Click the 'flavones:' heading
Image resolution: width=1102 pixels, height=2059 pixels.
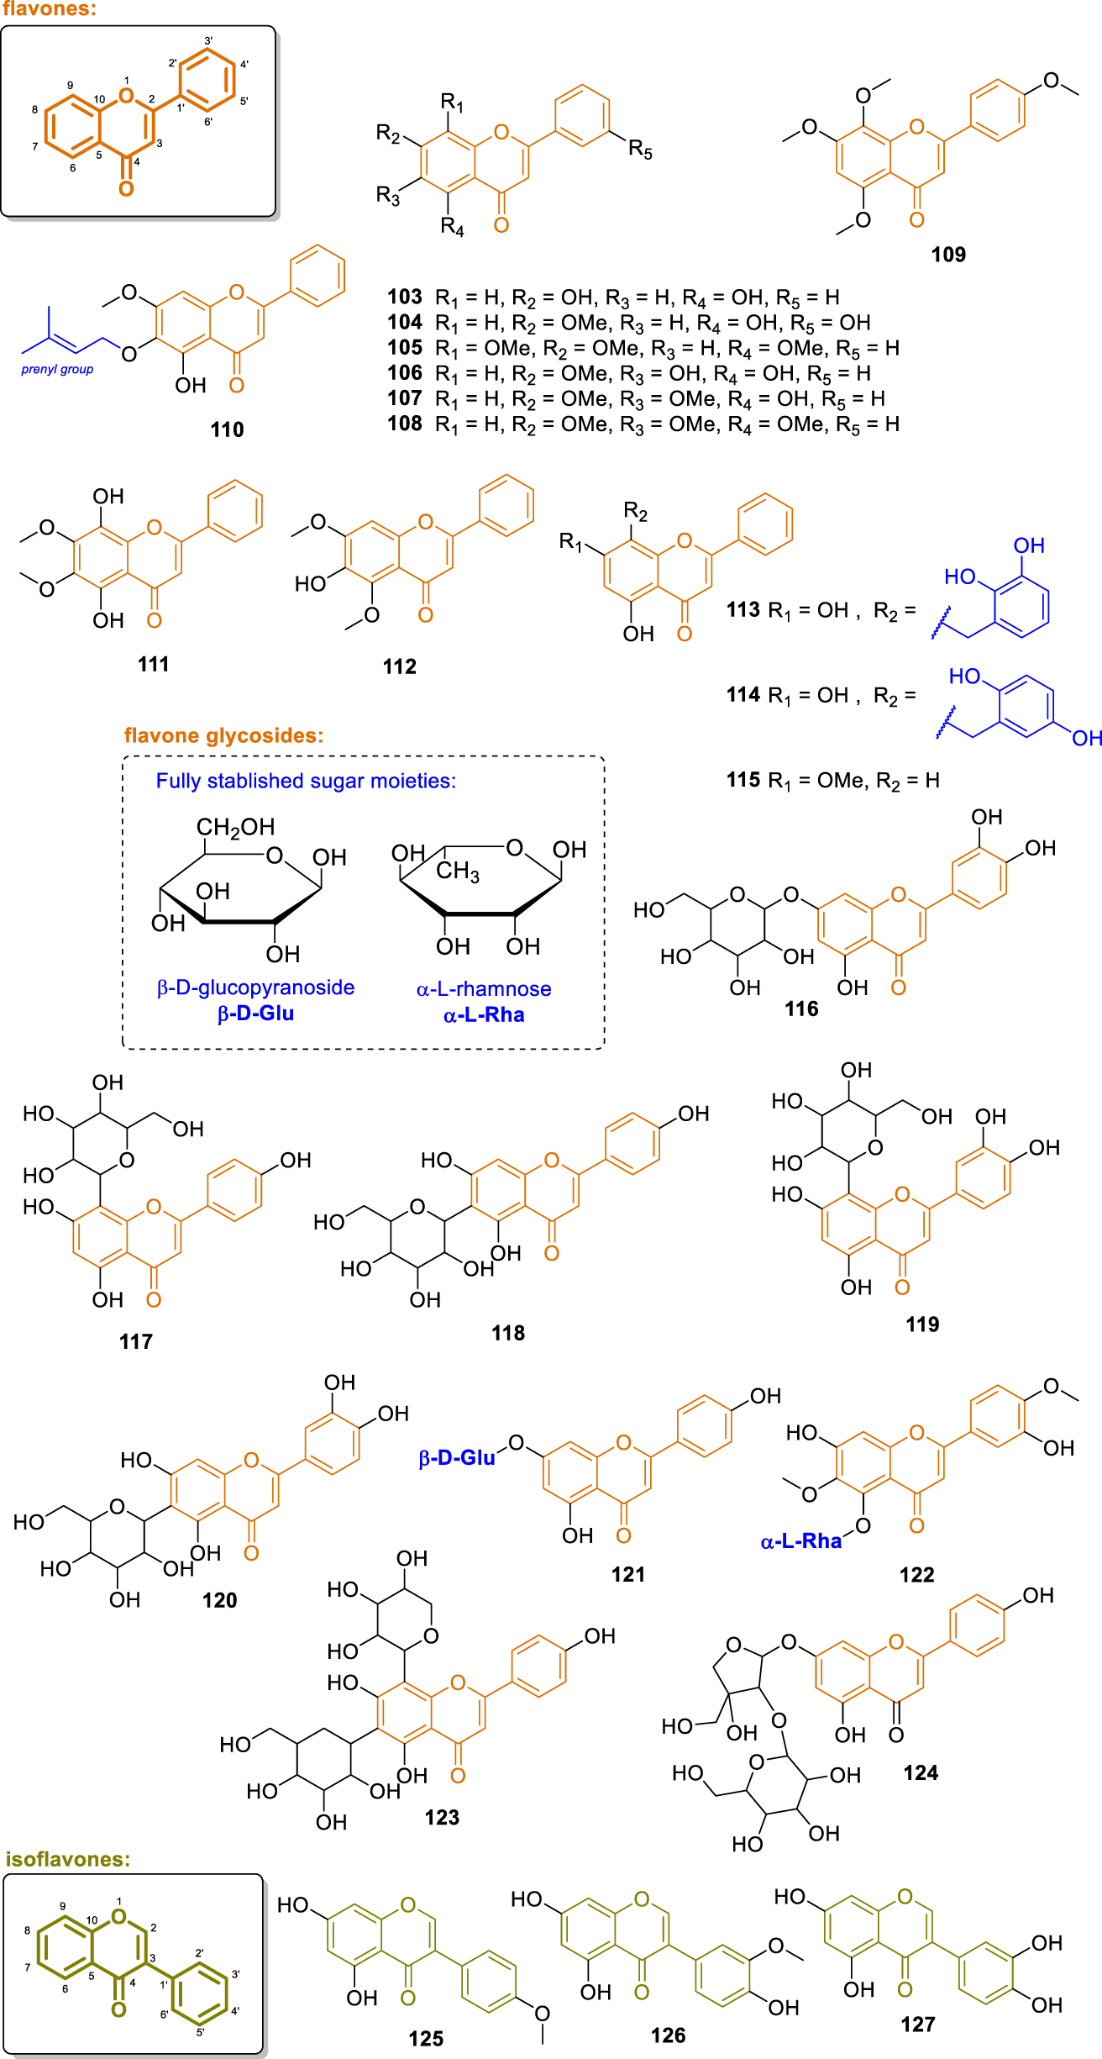(x=49, y=10)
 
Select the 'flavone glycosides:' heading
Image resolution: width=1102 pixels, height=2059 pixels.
(x=223, y=735)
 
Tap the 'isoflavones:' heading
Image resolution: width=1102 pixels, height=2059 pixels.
(x=68, y=1859)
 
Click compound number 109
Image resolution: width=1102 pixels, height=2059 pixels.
(x=948, y=255)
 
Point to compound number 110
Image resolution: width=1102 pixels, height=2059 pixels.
(x=227, y=429)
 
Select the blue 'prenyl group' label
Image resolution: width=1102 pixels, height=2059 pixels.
(x=57, y=369)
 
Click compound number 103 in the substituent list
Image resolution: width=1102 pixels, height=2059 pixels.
(x=405, y=297)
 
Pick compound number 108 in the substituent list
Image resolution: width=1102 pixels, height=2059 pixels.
(x=405, y=424)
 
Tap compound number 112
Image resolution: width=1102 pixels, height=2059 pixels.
(x=399, y=666)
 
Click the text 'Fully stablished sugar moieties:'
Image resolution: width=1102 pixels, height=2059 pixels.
(x=306, y=781)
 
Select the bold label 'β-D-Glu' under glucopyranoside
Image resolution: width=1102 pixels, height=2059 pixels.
(x=255, y=1014)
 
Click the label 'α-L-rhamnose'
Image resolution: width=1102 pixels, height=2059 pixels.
(x=484, y=989)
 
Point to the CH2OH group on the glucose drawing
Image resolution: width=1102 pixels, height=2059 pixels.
(x=235, y=828)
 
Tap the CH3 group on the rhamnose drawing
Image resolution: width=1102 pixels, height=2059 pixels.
(x=458, y=871)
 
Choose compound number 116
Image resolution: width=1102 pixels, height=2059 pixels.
(x=801, y=1008)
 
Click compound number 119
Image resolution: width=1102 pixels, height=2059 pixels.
(x=922, y=1324)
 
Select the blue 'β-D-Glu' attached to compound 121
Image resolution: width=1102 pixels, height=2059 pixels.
(x=457, y=1458)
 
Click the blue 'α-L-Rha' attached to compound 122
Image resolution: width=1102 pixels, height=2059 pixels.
(x=800, y=1541)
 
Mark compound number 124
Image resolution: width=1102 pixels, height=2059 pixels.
(x=921, y=1772)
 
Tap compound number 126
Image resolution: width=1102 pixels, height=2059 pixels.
(x=668, y=2035)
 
